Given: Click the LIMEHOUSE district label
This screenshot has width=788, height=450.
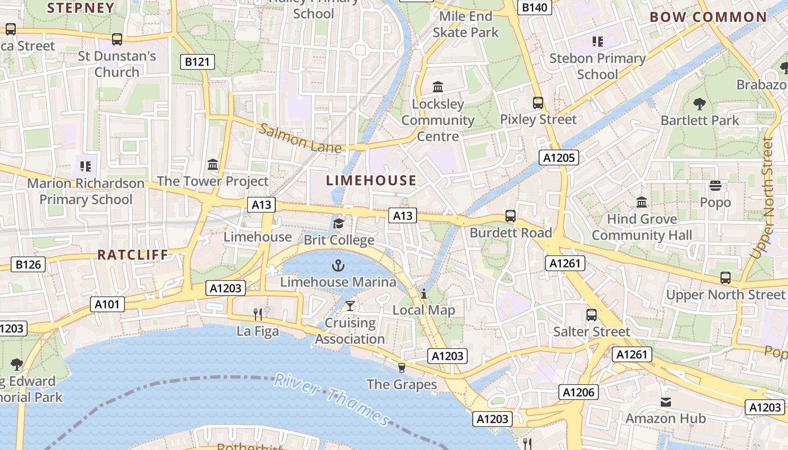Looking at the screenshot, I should [x=371, y=181].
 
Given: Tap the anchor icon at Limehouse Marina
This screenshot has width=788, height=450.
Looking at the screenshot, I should [x=338, y=265].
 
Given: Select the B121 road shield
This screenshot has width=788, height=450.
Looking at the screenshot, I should [x=197, y=62].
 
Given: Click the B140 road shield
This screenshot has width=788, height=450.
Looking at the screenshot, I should [x=534, y=7].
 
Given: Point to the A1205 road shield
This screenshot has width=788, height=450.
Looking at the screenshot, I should [x=559, y=157].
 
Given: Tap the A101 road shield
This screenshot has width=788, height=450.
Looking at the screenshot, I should [x=107, y=304].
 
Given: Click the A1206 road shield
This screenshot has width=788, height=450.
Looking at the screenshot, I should [x=579, y=392].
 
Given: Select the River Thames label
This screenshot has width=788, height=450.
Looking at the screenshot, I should [x=332, y=399].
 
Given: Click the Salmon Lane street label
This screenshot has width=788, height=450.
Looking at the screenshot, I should [x=300, y=138].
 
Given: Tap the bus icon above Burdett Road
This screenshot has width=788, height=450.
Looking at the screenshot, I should [x=510, y=215].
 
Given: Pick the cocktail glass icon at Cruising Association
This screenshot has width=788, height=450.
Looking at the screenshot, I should [x=350, y=305].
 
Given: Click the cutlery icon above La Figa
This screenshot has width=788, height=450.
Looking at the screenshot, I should [x=258, y=314].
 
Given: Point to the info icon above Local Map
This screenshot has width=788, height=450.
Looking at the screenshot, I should [x=423, y=293].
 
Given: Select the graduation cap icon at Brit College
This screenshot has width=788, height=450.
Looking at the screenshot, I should [x=338, y=223].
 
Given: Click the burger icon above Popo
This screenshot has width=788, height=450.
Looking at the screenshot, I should [x=715, y=185].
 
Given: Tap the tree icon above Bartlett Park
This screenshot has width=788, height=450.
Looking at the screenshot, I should [x=700, y=103].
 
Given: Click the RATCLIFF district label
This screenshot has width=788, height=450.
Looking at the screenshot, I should [x=133, y=255].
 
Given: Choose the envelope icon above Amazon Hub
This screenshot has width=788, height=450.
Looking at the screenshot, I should [x=666, y=402].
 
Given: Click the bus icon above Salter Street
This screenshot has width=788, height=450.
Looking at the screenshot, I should [x=591, y=314].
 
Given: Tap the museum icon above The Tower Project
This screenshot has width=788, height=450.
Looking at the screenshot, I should [x=213, y=164].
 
